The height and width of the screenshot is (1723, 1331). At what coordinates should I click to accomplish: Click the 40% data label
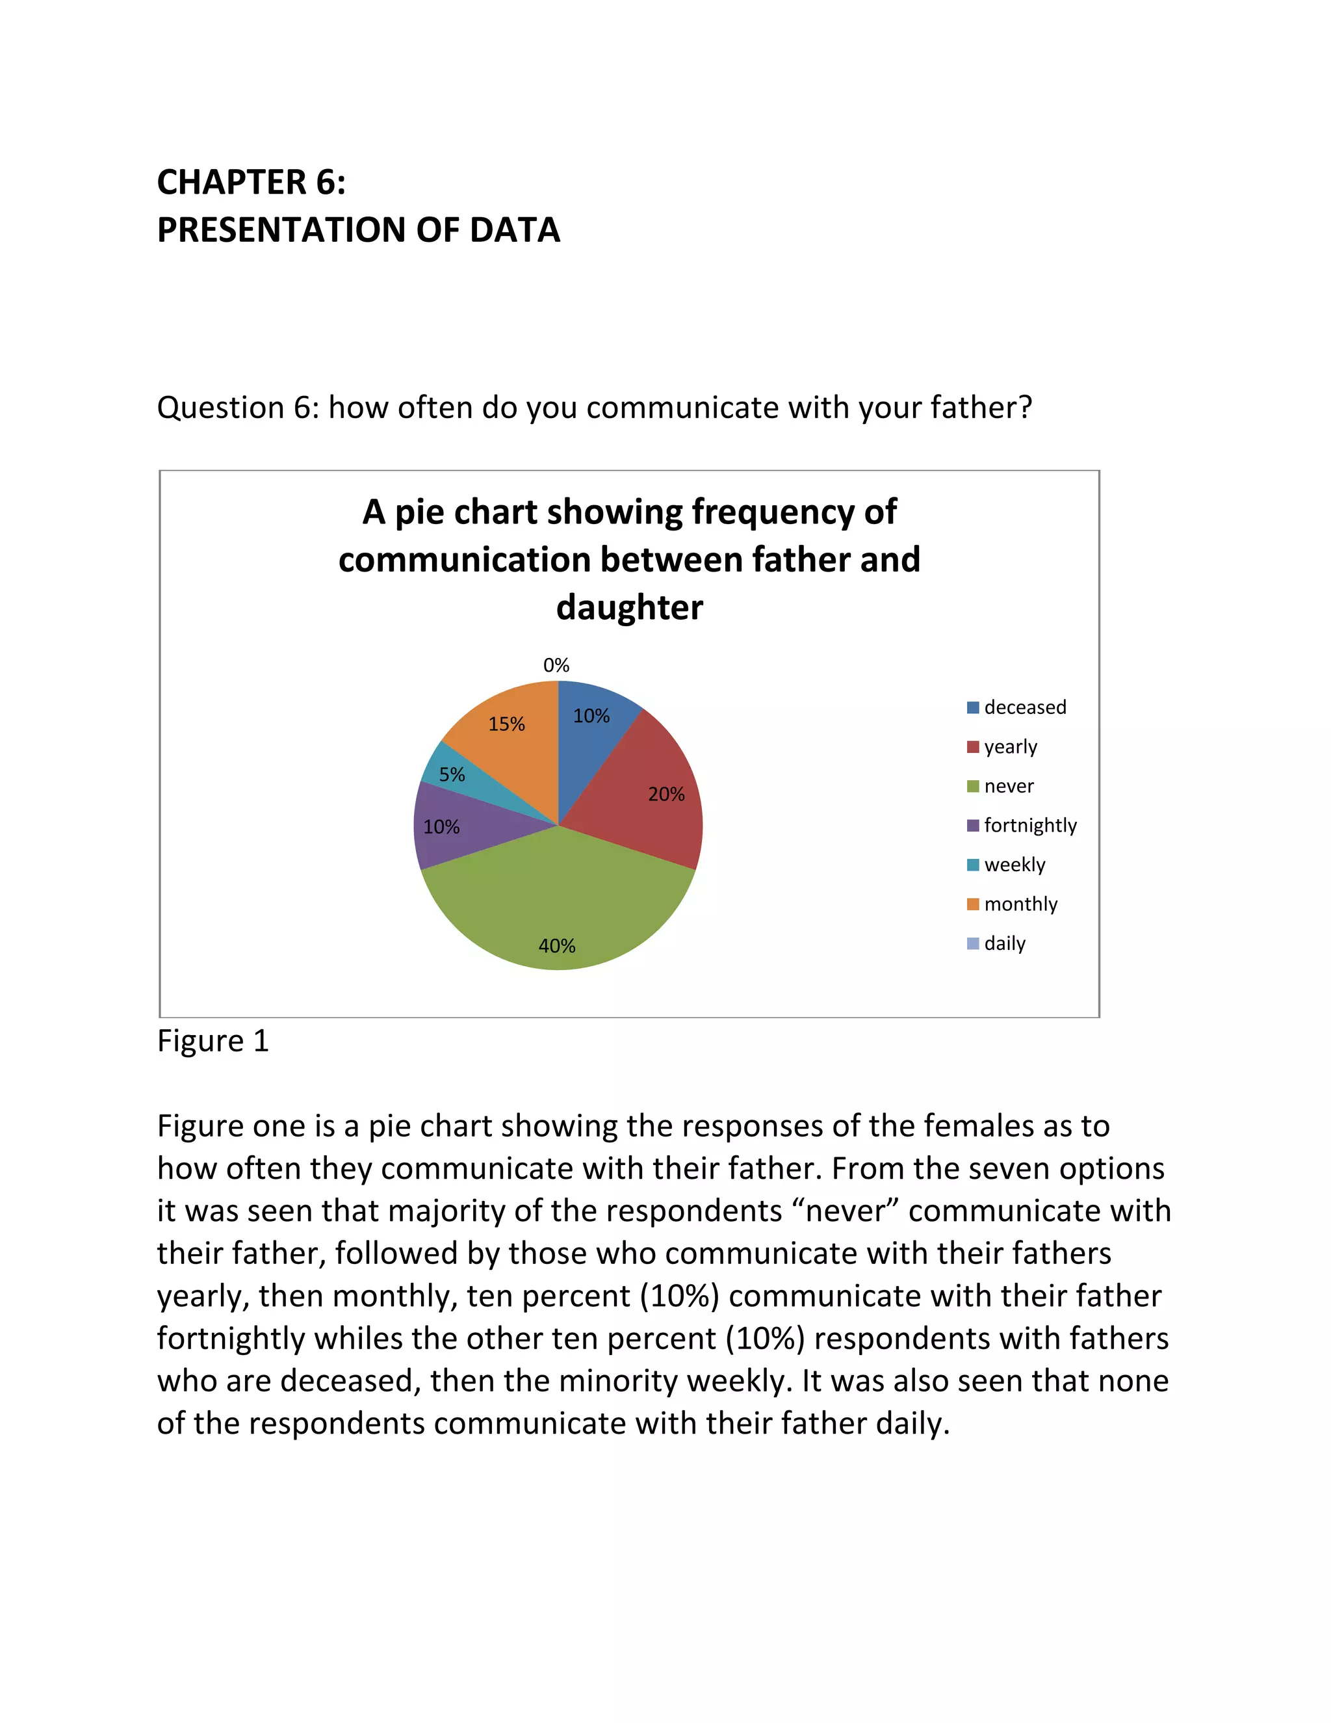pos(557,945)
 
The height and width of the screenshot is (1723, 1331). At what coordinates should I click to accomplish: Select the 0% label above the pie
pos(556,665)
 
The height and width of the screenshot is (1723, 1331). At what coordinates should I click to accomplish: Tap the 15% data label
pos(506,724)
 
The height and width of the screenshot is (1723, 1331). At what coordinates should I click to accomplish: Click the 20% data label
pos(666,794)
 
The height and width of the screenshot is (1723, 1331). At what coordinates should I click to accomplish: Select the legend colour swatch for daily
pos(973,943)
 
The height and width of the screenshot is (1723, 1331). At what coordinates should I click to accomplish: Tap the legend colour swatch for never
pos(973,786)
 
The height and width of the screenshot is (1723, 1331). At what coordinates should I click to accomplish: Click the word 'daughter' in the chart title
pos(629,607)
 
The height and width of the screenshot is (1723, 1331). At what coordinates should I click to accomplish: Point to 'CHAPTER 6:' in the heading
pos(252,181)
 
